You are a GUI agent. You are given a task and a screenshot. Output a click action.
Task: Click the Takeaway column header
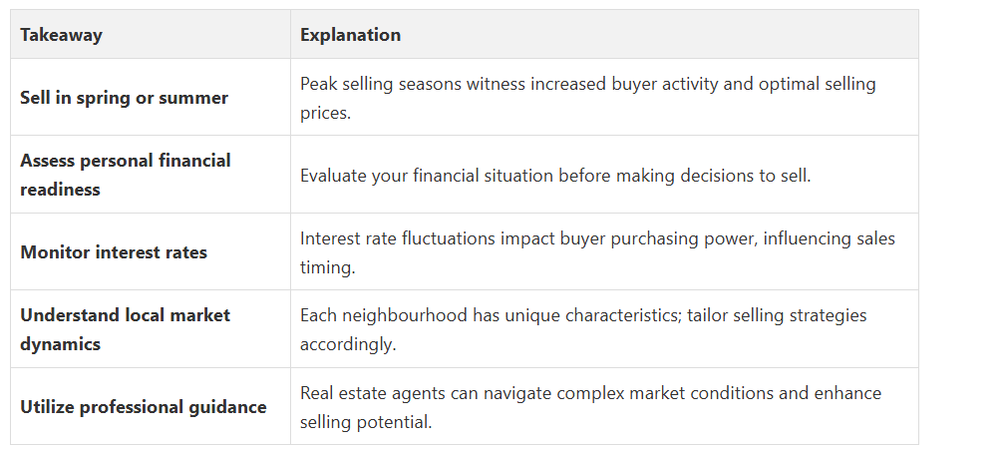(61, 35)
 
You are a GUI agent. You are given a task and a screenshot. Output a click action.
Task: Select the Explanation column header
(351, 35)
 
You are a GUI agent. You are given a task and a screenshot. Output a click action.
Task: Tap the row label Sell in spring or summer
(125, 98)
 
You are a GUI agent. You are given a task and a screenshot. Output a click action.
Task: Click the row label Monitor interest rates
(114, 252)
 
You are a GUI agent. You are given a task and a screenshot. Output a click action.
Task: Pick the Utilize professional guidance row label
(144, 407)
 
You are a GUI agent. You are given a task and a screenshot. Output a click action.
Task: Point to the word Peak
(314, 84)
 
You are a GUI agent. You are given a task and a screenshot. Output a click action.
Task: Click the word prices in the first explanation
(325, 114)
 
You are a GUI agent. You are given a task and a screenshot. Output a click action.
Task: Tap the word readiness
(60, 190)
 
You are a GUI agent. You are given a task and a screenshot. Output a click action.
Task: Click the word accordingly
(348, 345)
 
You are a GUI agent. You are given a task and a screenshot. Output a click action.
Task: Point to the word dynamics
(60, 344)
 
